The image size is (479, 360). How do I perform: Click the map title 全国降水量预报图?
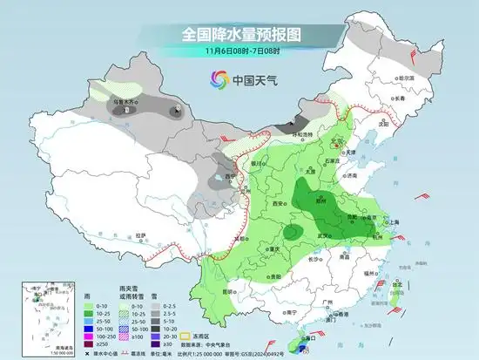click(239, 34)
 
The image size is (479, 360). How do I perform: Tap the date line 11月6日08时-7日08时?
click(239, 51)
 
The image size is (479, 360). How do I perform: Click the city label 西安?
click(280, 202)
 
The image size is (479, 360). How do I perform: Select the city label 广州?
click(327, 302)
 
